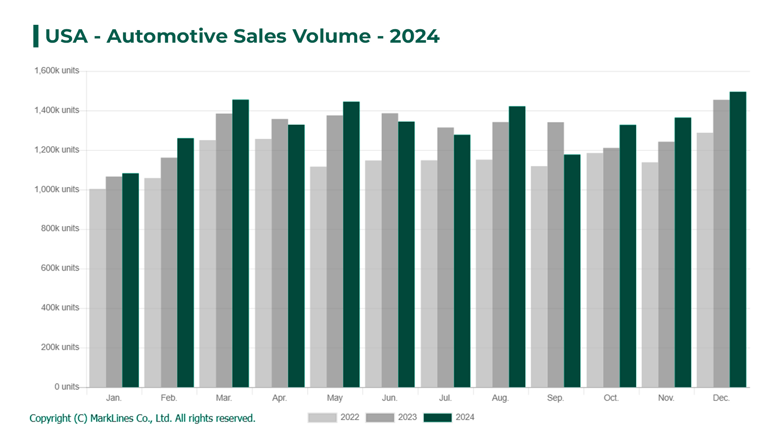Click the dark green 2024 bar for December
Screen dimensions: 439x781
[737, 240]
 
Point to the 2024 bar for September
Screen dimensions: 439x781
[572, 271]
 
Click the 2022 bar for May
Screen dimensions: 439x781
[318, 277]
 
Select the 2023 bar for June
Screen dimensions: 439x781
[390, 250]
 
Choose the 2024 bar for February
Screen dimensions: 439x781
[185, 263]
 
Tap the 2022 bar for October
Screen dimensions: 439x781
[594, 270]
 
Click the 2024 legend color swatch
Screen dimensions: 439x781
[437, 417]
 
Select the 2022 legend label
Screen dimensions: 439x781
[349, 417]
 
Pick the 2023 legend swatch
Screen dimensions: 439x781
[380, 417]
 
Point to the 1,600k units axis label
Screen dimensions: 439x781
[57, 71]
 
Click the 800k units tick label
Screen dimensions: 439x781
[60, 228]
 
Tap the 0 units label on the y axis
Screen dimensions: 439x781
[67, 387]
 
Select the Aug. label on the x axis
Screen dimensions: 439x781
[500, 398]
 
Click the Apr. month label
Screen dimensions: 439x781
[279, 398]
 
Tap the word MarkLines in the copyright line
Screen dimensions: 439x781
[111, 418]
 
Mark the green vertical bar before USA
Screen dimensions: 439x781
[36, 36]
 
